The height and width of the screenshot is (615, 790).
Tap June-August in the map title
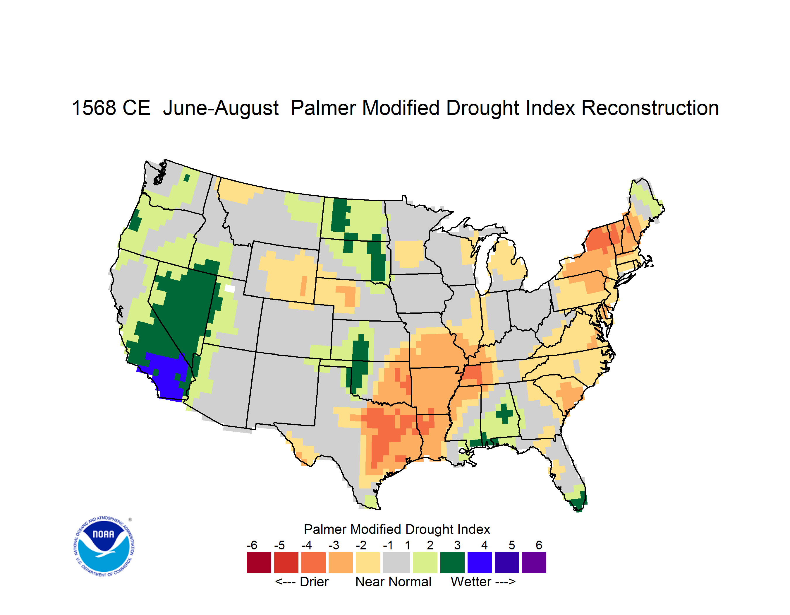point(221,108)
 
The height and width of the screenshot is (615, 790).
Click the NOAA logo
point(104,546)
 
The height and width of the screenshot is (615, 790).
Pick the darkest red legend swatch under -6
point(259,563)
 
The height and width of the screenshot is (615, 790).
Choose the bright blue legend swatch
point(480,563)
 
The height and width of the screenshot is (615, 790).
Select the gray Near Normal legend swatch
point(397,563)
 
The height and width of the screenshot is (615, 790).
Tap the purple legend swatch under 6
point(534,563)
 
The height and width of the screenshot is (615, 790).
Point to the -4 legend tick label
point(306,545)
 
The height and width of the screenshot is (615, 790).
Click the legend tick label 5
point(512,545)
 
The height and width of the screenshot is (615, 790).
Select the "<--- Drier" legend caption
point(302,582)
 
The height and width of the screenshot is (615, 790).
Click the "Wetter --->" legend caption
point(483,582)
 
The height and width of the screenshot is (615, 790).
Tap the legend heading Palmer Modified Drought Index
point(397,529)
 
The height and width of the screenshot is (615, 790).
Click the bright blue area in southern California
point(164,375)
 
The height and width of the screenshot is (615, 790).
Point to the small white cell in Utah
point(230,288)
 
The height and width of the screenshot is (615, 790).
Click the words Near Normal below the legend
point(393,582)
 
